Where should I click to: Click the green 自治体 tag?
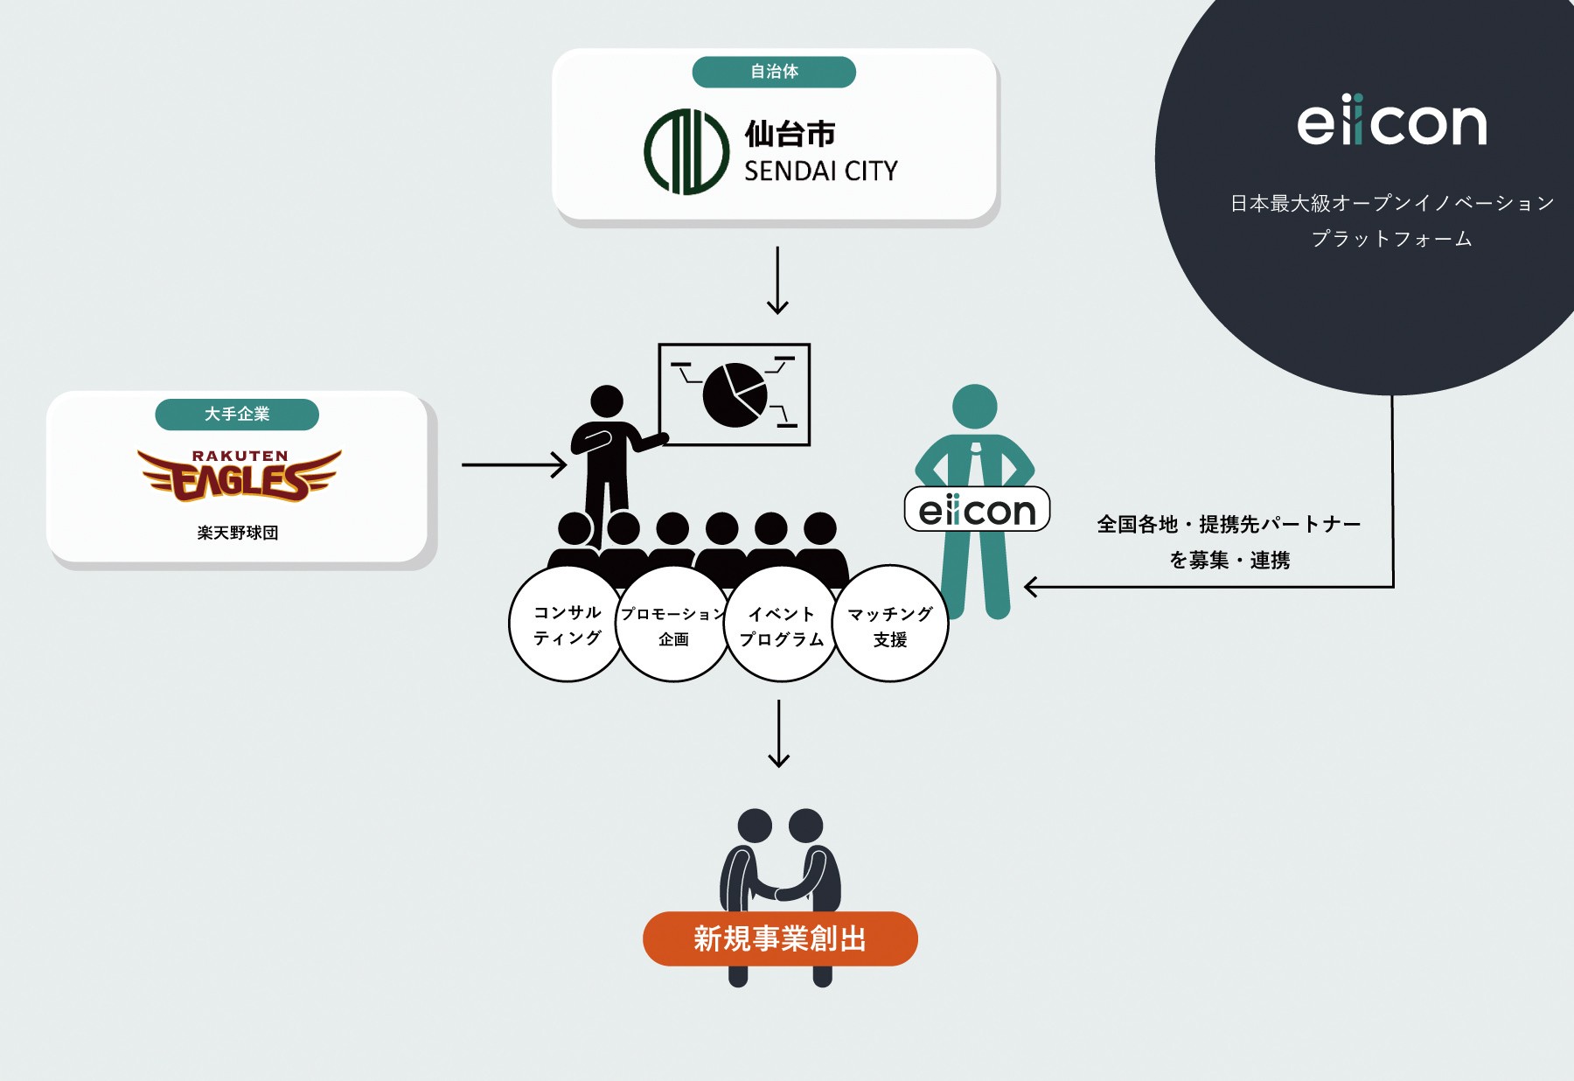tap(774, 72)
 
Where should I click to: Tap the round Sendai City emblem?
tap(686, 151)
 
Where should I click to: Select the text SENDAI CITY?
tap(820, 171)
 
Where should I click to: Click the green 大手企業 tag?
tap(237, 414)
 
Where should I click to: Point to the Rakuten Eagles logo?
tap(239, 475)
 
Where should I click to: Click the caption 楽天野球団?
tap(238, 533)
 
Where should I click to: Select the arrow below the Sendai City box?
tap(777, 280)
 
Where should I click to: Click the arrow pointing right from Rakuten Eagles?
tap(513, 464)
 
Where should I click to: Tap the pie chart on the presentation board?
tap(735, 395)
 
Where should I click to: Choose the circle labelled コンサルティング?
tap(567, 624)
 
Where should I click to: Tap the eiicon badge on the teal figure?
tap(977, 510)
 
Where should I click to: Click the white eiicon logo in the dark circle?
tap(1391, 122)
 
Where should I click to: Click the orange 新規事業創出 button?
tap(780, 938)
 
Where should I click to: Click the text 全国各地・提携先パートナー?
tap(1229, 525)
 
